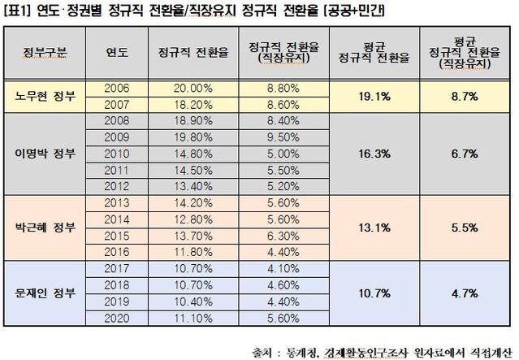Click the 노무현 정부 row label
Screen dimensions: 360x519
coord(46,96)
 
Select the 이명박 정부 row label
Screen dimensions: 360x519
coord(46,151)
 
